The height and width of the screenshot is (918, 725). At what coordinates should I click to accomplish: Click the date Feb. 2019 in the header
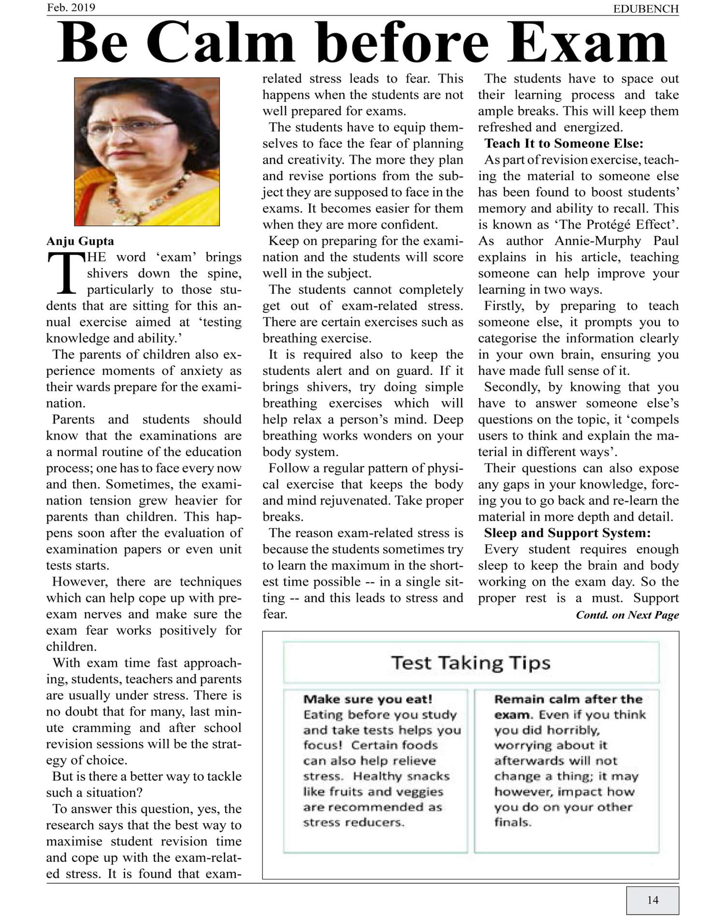[71, 8]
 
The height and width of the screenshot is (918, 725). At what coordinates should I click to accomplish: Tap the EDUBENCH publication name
[646, 9]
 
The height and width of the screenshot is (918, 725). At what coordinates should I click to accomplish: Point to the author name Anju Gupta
[80, 241]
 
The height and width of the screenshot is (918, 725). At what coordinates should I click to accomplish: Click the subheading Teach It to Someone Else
[564, 143]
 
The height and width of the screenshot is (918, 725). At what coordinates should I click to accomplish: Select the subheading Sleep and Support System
[567, 533]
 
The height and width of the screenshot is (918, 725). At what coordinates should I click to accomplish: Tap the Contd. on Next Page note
[627, 615]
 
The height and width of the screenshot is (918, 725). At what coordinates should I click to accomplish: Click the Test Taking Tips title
[470, 662]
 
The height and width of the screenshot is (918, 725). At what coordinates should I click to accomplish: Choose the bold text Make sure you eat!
[367, 699]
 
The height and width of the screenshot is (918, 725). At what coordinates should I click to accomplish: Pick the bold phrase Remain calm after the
[568, 699]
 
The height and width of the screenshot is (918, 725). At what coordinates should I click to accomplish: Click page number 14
[652, 900]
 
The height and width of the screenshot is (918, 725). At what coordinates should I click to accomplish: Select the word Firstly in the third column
[504, 306]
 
